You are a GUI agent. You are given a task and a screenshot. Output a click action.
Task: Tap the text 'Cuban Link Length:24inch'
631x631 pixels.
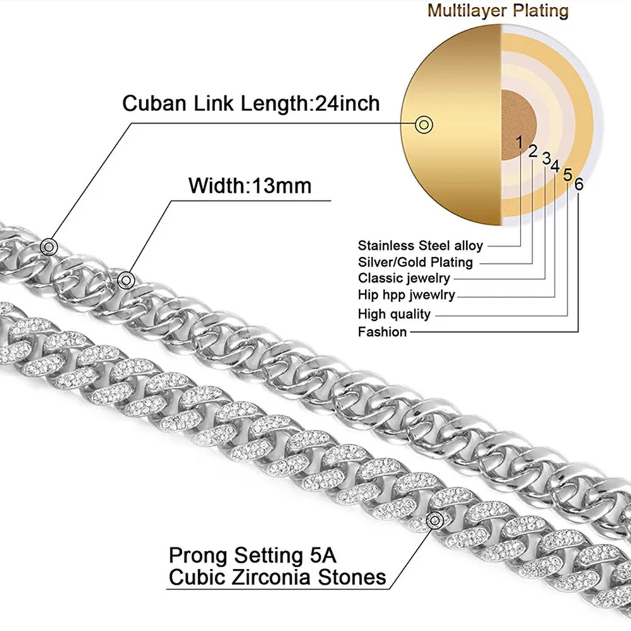[x=251, y=103]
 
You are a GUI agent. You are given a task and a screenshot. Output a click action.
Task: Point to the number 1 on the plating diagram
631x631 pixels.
[x=519, y=143]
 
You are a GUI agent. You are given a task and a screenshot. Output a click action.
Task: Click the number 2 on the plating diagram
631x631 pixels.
[x=533, y=151]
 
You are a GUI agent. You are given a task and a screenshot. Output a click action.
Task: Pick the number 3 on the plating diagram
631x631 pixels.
[x=546, y=157]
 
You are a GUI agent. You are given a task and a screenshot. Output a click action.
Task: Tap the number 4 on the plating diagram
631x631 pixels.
[x=555, y=165]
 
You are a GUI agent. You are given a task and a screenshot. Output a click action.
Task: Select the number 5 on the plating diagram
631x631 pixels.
[x=568, y=175]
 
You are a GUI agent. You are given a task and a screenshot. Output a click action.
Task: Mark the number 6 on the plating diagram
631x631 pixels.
[x=579, y=184]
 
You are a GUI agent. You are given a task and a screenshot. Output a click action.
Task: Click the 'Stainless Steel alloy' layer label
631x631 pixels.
[x=420, y=245]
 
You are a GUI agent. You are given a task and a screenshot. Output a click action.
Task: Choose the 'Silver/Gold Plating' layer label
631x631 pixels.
[x=415, y=262]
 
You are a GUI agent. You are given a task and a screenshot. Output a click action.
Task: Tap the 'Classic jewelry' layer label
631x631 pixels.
[x=404, y=278]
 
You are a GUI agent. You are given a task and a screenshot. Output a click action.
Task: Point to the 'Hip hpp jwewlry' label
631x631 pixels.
[x=406, y=295]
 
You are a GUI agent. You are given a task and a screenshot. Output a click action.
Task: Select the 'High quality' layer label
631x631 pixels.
[x=394, y=314]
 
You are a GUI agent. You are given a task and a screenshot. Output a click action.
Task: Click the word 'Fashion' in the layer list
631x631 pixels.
[x=382, y=332]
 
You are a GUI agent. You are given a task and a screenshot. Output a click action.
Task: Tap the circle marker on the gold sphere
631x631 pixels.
[x=425, y=124]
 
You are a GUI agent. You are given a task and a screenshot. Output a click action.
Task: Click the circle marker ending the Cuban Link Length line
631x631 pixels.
[x=48, y=246]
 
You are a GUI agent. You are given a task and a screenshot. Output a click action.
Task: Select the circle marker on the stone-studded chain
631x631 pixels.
[x=435, y=520]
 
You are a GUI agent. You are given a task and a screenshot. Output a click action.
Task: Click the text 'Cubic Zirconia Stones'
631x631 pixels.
[x=277, y=577]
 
